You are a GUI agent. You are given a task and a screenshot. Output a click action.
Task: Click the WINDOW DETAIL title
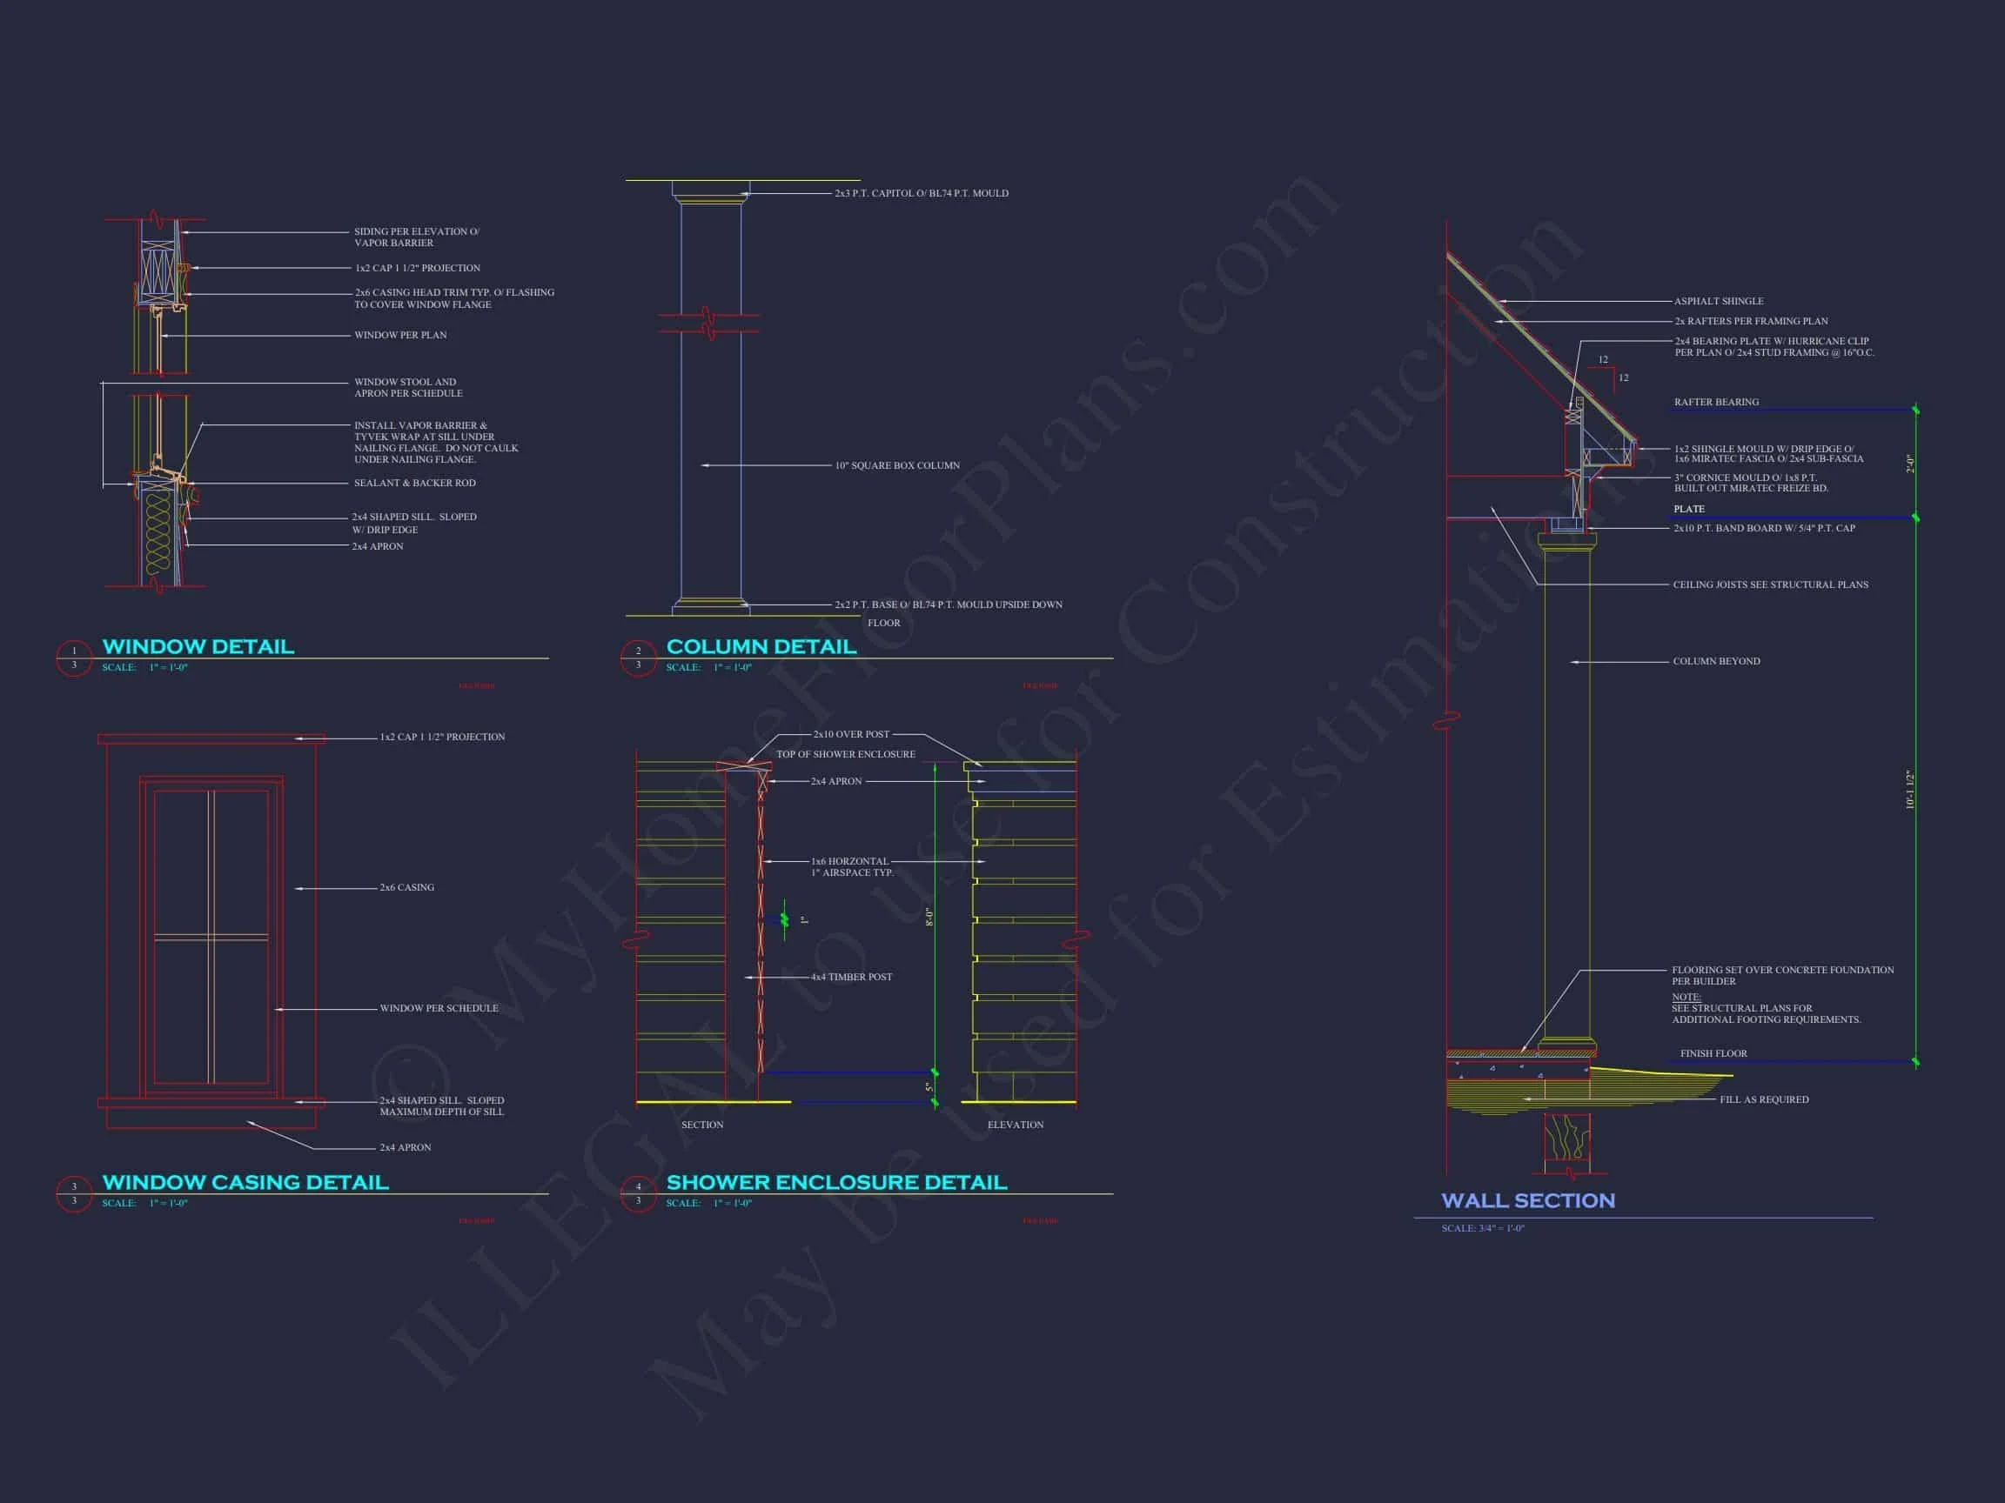(x=198, y=647)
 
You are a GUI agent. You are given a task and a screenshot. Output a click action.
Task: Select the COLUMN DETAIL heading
(x=761, y=647)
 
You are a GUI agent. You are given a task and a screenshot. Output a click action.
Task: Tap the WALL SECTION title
(x=1527, y=1200)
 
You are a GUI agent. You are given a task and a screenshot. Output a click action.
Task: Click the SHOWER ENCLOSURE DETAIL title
(x=835, y=1182)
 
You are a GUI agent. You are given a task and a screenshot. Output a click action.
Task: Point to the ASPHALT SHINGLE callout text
(x=1719, y=302)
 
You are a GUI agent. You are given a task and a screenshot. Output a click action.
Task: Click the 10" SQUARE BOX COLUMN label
(x=896, y=465)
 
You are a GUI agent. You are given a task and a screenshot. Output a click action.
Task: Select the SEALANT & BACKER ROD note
(x=414, y=483)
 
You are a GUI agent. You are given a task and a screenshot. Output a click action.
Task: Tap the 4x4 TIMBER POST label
(x=851, y=977)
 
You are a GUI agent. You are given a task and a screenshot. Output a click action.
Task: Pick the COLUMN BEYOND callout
(x=1716, y=661)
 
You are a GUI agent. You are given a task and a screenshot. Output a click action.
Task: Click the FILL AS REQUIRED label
(x=1764, y=1099)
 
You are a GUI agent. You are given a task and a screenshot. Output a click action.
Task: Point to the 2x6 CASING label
(x=407, y=888)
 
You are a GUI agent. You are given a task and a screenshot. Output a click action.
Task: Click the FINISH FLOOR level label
(x=1713, y=1053)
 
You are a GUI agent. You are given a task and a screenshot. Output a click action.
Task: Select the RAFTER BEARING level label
(x=1716, y=402)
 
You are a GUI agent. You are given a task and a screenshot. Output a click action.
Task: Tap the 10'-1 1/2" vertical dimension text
(x=1909, y=790)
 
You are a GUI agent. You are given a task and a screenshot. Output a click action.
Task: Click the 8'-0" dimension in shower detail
(x=929, y=917)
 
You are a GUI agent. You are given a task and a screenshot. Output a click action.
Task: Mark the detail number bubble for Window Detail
(x=74, y=658)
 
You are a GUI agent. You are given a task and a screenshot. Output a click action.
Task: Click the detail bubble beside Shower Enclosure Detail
(x=638, y=1193)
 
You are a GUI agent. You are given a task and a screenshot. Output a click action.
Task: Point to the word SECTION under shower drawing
(x=702, y=1126)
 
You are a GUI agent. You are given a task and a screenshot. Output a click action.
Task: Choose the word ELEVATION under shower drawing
(x=1016, y=1126)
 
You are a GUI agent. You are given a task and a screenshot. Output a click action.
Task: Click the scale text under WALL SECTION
(x=1483, y=1228)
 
